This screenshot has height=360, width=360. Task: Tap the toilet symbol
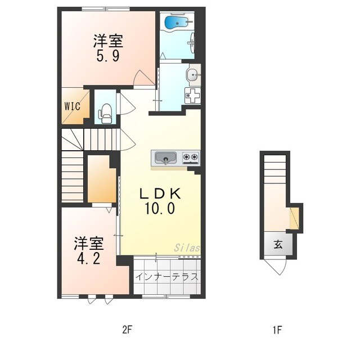[105, 113]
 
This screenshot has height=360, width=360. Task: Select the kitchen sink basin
[166, 157]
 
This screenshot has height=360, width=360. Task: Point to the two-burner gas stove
[191, 157]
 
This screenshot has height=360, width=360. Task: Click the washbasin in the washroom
[193, 75]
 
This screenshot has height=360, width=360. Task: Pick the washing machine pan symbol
[192, 95]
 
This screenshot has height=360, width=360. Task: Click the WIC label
[72, 106]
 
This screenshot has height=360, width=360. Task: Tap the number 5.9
[107, 56]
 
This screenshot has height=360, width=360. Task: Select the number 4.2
[88, 259]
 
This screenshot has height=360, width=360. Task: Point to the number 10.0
[160, 209]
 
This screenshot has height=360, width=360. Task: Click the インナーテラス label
[167, 277]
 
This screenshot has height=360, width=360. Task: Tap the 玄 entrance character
[278, 245]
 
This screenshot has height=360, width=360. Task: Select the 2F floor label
[128, 330]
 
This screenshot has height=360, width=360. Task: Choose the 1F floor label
[277, 330]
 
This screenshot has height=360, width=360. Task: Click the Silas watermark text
[187, 247]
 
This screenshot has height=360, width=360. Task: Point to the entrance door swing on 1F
[276, 267]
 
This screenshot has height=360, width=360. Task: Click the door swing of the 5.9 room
[144, 78]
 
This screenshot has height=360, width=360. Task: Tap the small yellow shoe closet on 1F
[294, 218]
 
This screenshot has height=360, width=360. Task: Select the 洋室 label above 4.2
[89, 244]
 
